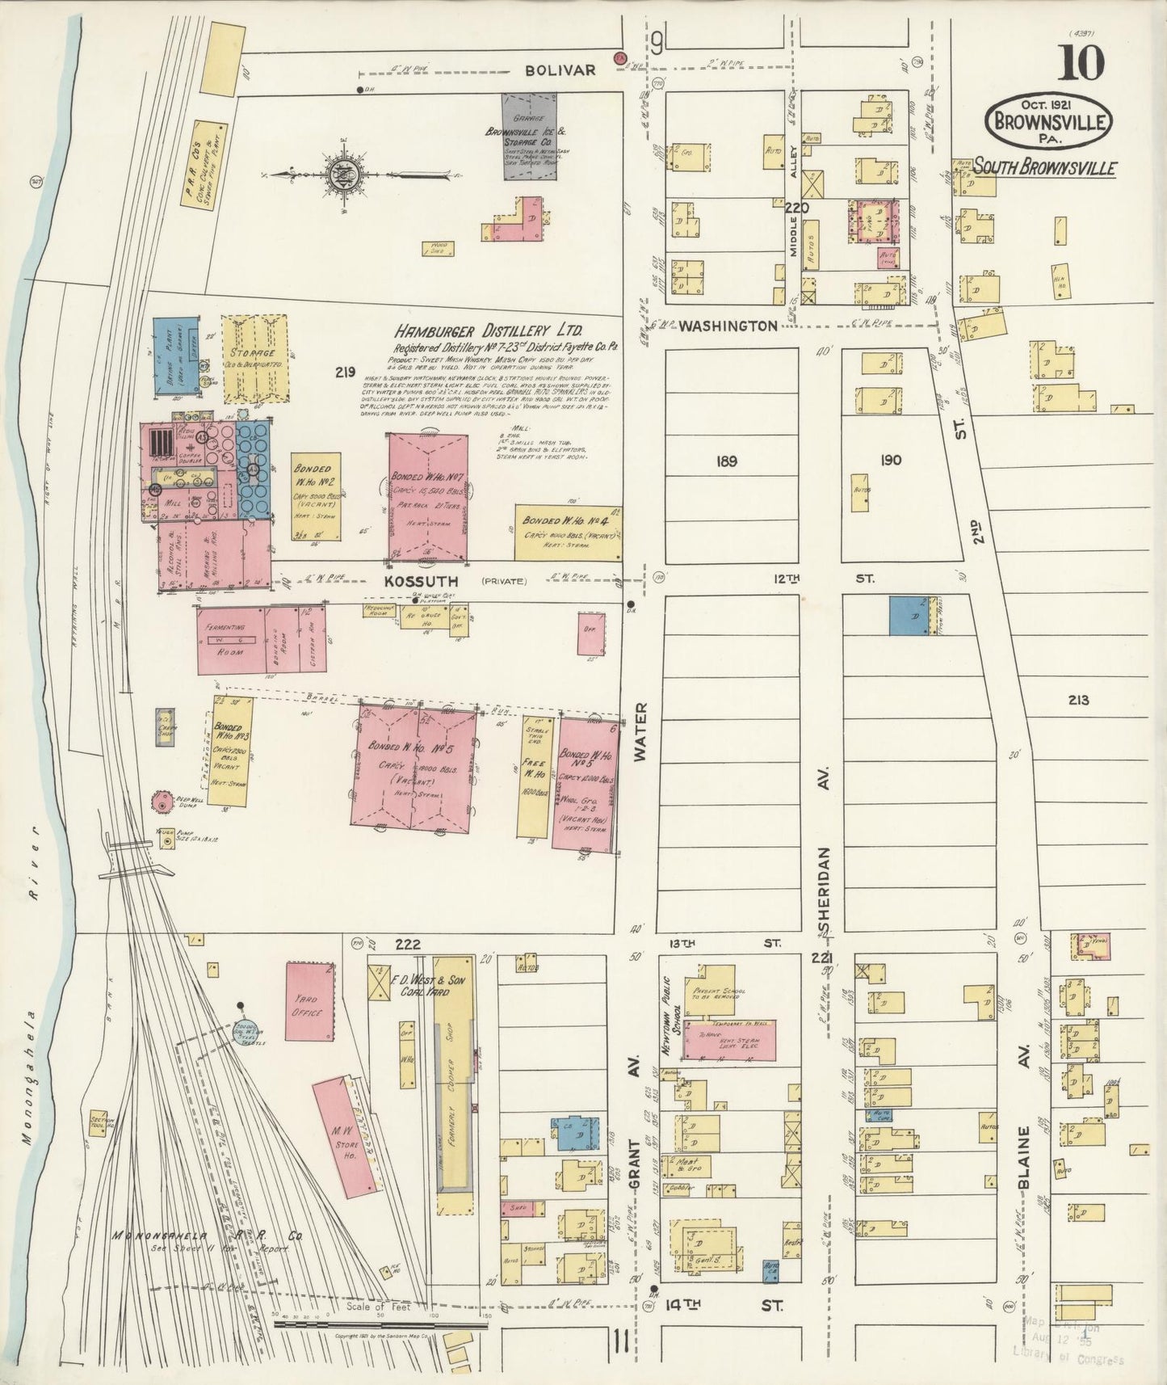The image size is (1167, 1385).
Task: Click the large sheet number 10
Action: (x=1081, y=63)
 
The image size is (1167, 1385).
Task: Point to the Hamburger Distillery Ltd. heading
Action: (x=489, y=332)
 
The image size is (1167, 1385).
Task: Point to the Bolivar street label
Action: (x=560, y=70)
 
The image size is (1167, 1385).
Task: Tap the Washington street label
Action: (x=728, y=326)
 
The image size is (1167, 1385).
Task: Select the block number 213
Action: (x=1077, y=700)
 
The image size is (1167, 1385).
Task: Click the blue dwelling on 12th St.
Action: (x=909, y=616)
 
